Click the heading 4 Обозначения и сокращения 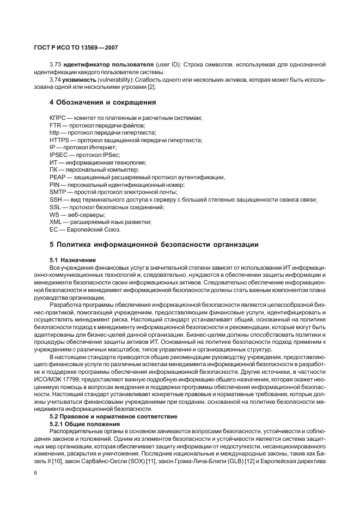click(x=103, y=102)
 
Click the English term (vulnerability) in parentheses click(x=115, y=80)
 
